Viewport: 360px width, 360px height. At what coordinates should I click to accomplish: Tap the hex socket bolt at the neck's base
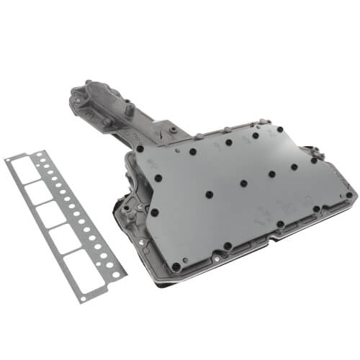(x=173, y=130)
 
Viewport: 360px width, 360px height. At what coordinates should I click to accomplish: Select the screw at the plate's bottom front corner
(x=176, y=266)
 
